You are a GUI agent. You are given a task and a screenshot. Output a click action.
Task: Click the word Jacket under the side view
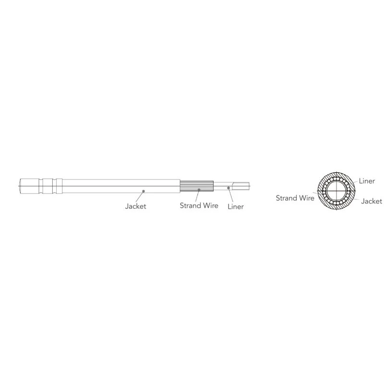135,206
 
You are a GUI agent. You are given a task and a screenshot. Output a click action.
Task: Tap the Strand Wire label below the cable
199,205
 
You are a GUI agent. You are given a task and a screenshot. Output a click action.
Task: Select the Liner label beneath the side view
236,206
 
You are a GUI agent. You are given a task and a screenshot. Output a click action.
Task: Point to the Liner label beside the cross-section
367,181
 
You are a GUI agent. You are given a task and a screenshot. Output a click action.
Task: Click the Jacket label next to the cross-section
372,201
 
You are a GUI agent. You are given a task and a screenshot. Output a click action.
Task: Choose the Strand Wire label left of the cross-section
295,198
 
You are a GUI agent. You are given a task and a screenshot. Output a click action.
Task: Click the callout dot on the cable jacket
144,191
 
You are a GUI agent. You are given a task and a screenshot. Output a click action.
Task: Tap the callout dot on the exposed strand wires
199,190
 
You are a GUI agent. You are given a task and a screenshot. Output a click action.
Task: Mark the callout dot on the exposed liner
228,188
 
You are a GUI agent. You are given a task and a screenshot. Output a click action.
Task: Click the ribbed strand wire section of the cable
197,186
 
